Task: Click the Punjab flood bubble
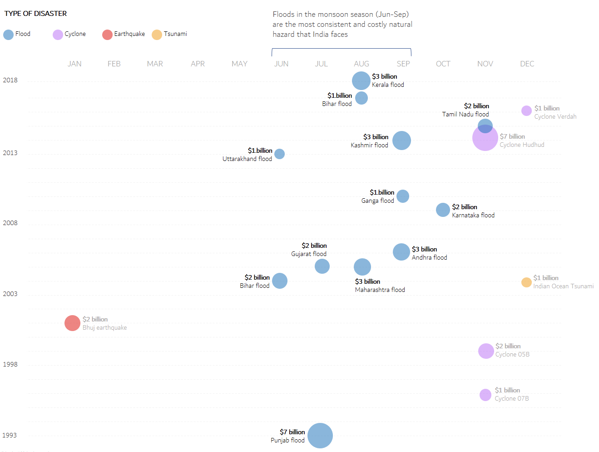pyautogui.click(x=320, y=436)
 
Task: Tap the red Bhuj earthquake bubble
pyautogui.click(x=72, y=323)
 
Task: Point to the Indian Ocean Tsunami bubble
pyautogui.click(x=526, y=282)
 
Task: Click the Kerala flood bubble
pyautogui.click(x=361, y=80)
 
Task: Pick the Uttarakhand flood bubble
pyautogui.click(x=280, y=154)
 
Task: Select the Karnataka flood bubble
pyautogui.click(x=443, y=210)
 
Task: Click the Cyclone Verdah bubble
pyautogui.click(x=526, y=110)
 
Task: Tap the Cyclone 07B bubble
pyautogui.click(x=485, y=395)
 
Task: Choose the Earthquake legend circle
pyautogui.click(x=107, y=35)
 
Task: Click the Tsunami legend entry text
pyautogui.click(x=175, y=34)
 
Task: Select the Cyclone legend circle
pyautogui.click(x=58, y=35)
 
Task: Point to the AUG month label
pyautogui.click(x=361, y=64)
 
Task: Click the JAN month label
pyautogui.click(x=74, y=64)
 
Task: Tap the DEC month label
pyautogui.click(x=527, y=64)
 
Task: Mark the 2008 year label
pyautogui.click(x=10, y=223)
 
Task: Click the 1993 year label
pyautogui.click(x=10, y=435)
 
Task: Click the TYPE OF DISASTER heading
pyautogui.click(x=35, y=14)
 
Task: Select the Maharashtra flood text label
pyautogui.click(x=380, y=290)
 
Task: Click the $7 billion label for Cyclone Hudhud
pyautogui.click(x=512, y=136)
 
